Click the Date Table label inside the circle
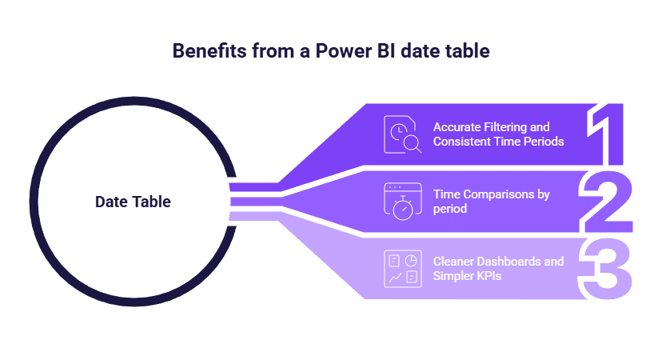pos(133,202)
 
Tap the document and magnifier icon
pos(402,134)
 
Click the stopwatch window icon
pos(402,201)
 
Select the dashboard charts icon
pos(402,269)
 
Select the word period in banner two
pos(450,209)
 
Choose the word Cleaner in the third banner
pos(453,262)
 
